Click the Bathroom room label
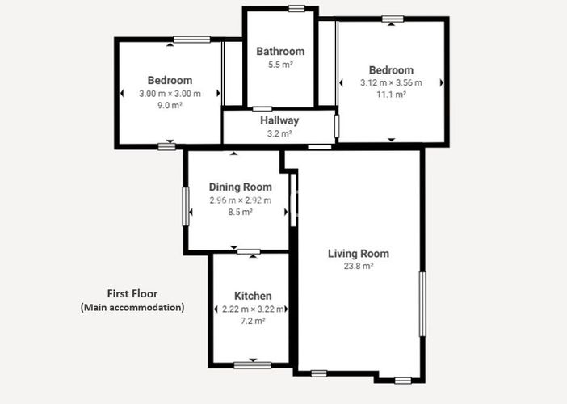tap(280, 52)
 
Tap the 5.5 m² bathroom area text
tap(280, 65)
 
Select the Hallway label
tap(279, 121)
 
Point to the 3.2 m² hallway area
tap(279, 134)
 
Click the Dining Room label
tap(240, 187)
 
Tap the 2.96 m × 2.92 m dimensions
tap(240, 200)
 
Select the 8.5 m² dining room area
tap(240, 213)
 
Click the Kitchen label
tap(253, 296)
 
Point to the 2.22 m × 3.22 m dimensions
tap(253, 309)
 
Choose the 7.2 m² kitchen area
tap(253, 322)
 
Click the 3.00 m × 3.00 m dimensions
tap(170, 94)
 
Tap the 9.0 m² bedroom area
tap(170, 106)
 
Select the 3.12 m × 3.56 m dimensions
tap(391, 82)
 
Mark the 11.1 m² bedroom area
tap(391, 95)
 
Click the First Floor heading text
tap(132, 293)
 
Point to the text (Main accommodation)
tap(132, 307)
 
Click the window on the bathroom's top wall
tap(296, 9)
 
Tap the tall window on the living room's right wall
tap(421, 304)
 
